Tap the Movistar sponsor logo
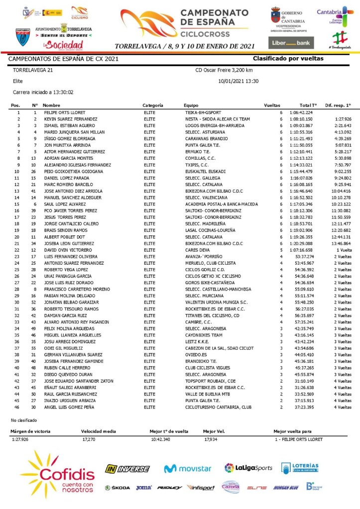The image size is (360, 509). [x=188, y=468]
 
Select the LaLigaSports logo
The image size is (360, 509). [x=248, y=468]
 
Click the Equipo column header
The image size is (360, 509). [x=191, y=105]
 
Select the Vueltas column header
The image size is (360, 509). [x=272, y=105]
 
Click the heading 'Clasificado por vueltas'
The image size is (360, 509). [x=288, y=59]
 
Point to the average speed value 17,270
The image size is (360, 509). [x=89, y=439]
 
